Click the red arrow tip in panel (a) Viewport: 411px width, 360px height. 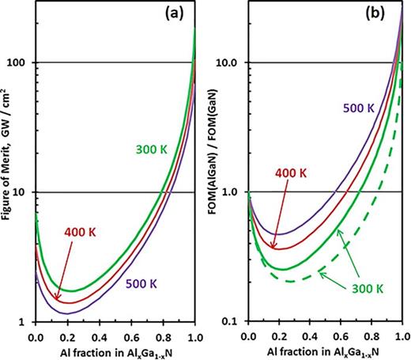(57, 300)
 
